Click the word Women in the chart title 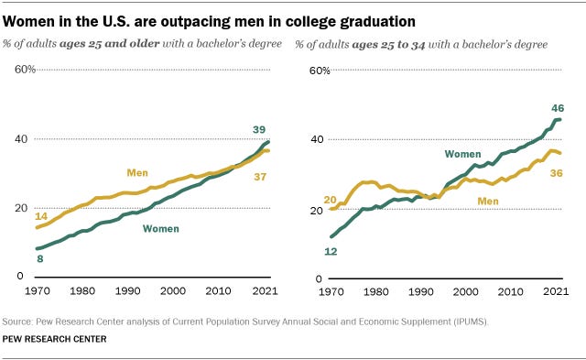pos(34,19)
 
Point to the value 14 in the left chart pos(42,214)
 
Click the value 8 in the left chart pos(40,259)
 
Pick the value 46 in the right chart pos(557,107)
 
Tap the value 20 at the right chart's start pos(331,199)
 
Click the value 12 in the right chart pos(332,249)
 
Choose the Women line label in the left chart pos(161,228)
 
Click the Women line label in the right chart pos(464,153)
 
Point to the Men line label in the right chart pos(488,201)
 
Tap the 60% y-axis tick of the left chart pos(24,70)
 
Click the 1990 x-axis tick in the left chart pos(130,290)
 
